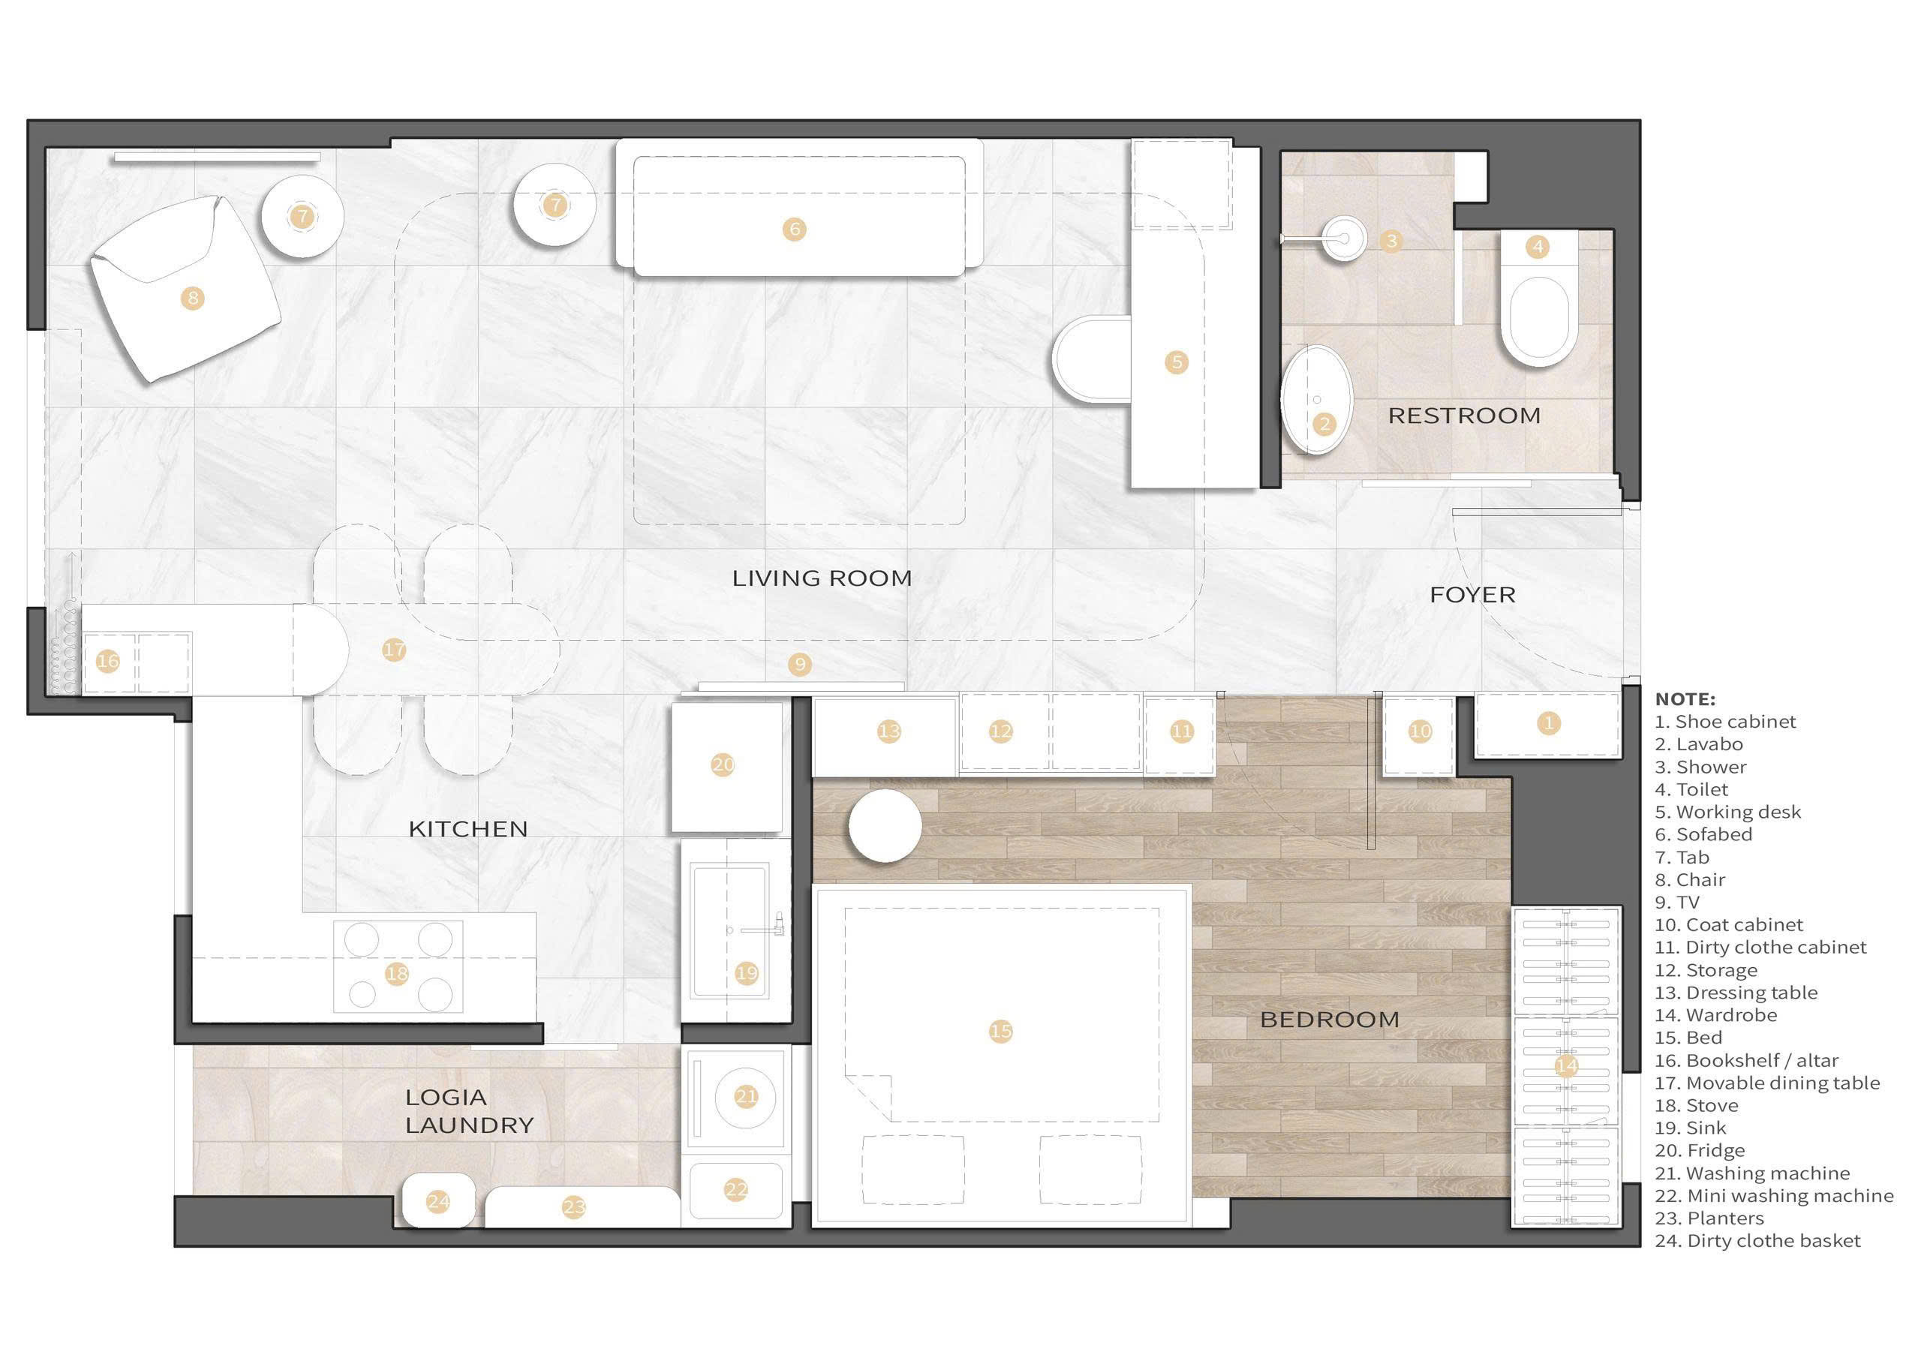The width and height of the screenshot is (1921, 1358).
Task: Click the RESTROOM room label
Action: (x=1464, y=416)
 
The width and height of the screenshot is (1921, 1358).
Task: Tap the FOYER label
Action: (x=1472, y=595)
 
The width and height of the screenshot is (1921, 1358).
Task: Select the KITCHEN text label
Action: (x=467, y=829)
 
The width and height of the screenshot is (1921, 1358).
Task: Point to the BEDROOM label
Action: (x=1330, y=1019)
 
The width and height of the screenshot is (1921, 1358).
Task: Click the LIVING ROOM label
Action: (x=822, y=578)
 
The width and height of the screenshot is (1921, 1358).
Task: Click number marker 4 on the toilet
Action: (x=1538, y=247)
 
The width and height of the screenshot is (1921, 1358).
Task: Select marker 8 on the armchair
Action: (x=194, y=298)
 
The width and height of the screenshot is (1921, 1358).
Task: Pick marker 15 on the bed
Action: (x=1001, y=1031)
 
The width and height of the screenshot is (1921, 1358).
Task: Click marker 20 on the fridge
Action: (x=723, y=764)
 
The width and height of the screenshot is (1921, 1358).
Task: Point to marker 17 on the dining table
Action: (x=394, y=649)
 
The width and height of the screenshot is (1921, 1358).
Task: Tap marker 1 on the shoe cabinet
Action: (x=1549, y=723)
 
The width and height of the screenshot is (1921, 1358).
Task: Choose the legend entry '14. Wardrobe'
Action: (x=1716, y=1015)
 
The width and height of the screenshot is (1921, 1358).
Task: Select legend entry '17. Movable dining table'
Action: (x=1767, y=1083)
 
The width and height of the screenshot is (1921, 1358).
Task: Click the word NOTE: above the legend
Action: (x=1685, y=699)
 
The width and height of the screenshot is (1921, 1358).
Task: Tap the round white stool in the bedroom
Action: (x=885, y=826)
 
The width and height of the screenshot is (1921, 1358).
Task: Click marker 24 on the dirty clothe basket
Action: (x=438, y=1203)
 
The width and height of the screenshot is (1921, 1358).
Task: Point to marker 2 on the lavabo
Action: (x=1324, y=424)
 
